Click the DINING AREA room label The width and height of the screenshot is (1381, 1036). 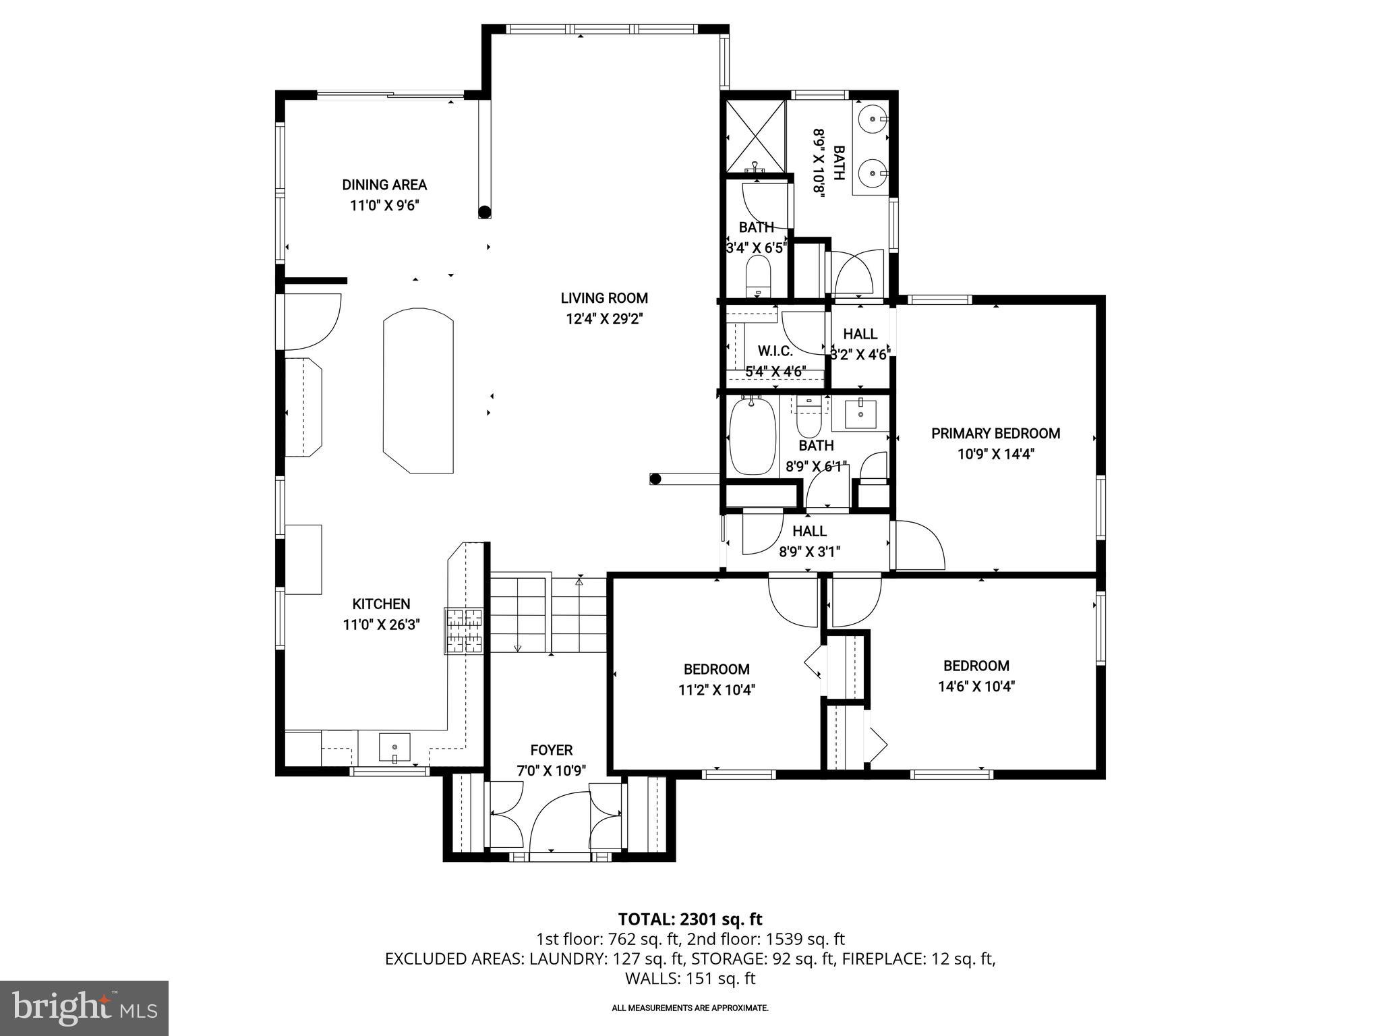(384, 185)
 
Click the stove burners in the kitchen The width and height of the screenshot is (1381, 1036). (464, 631)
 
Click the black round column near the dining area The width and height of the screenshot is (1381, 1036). (484, 212)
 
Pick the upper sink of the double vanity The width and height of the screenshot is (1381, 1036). (874, 119)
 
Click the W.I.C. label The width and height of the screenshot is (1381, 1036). (775, 351)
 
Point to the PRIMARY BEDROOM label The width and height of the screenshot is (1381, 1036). (995, 434)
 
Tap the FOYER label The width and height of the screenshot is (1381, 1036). (551, 750)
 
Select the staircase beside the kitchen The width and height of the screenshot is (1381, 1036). (548, 614)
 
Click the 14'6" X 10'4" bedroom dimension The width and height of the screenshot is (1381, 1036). (976, 687)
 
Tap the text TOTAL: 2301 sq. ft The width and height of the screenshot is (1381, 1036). (690, 919)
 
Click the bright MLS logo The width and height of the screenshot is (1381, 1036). (84, 1008)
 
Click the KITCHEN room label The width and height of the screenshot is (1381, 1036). (381, 604)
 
